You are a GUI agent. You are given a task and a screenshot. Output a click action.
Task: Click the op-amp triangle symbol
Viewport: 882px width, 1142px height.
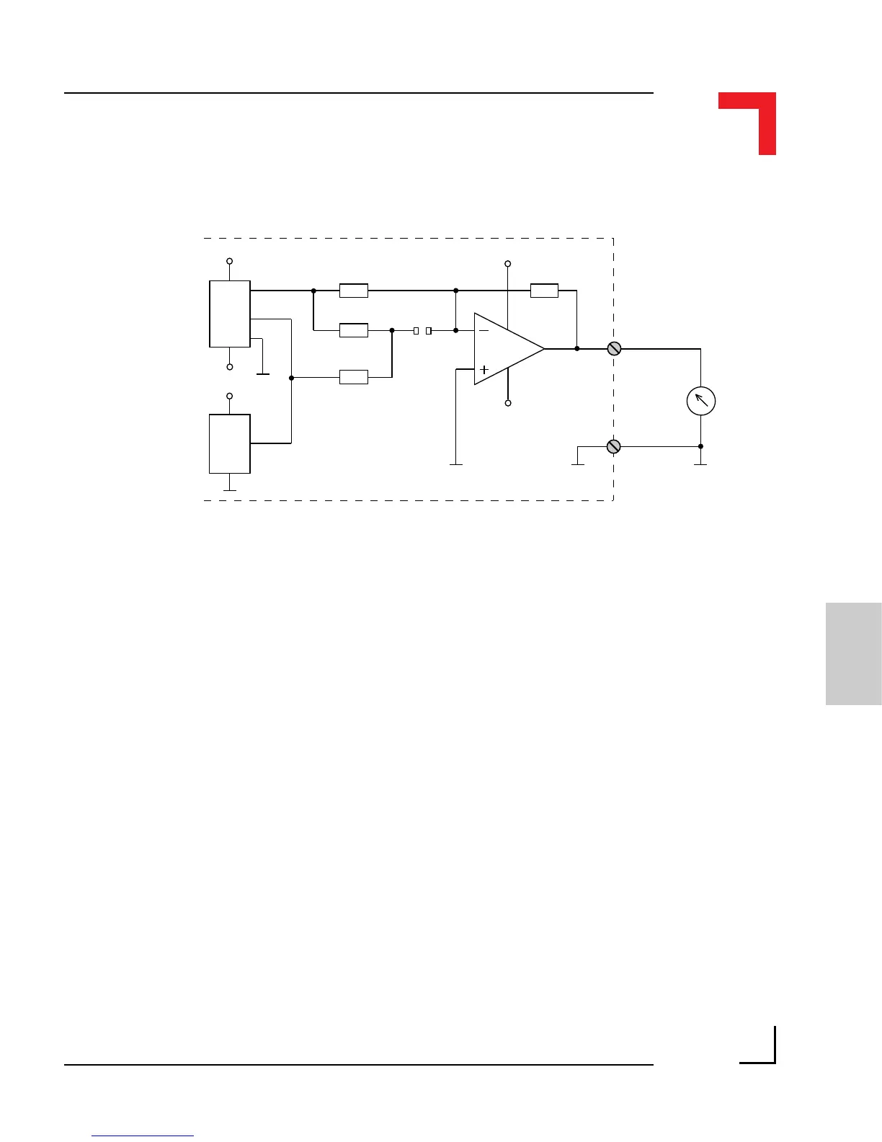[504, 349]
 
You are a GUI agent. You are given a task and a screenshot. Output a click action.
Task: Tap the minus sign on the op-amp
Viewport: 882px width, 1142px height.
[484, 330]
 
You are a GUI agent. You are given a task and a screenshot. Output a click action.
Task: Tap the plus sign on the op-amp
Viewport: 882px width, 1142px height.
[484, 370]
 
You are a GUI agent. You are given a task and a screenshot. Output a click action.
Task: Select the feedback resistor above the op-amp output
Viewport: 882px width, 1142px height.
[544, 291]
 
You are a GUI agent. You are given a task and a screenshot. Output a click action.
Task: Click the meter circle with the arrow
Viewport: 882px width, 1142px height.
[700, 401]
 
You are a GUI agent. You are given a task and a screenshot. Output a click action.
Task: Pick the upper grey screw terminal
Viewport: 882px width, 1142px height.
[614, 349]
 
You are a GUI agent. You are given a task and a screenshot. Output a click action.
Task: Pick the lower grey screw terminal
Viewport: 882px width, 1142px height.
[614, 447]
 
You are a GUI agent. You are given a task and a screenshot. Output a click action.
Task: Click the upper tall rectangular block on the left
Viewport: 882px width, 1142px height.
[230, 314]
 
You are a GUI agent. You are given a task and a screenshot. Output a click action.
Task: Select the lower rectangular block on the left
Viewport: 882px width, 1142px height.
[230, 443]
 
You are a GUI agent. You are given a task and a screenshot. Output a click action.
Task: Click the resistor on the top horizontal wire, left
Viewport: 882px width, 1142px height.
[353, 291]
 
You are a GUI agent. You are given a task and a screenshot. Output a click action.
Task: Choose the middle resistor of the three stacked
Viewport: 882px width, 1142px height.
[353, 330]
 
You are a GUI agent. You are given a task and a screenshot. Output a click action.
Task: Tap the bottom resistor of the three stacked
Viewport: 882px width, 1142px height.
[353, 376]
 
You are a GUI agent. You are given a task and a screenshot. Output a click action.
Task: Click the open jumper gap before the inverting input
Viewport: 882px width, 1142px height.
[422, 330]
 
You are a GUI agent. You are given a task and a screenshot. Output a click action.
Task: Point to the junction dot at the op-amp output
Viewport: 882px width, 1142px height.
[577, 349]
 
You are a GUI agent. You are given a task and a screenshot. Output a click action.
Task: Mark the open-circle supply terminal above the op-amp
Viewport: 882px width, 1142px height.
[508, 264]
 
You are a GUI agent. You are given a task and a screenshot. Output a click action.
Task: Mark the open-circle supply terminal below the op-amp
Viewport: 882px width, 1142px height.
[508, 403]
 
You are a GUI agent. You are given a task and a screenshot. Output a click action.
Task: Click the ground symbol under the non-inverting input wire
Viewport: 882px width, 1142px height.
[456, 464]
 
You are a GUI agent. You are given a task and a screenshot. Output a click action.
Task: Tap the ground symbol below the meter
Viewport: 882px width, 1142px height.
[700, 464]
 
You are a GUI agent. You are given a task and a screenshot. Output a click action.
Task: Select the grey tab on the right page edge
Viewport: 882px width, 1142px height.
[853, 653]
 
